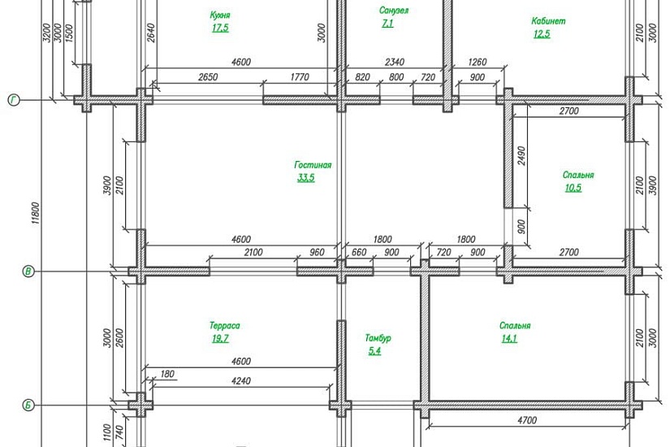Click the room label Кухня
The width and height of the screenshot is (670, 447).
tap(220, 15)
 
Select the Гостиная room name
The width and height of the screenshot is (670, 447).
tap(313, 165)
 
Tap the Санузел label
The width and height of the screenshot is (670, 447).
tap(394, 11)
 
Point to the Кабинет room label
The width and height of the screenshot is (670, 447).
tap(548, 21)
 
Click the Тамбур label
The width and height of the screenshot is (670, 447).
tap(378, 338)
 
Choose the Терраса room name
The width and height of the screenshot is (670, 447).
tap(225, 326)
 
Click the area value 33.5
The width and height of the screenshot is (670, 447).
tap(306, 177)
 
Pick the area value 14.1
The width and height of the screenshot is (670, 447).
tap(509, 338)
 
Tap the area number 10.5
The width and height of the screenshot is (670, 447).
tap(573, 188)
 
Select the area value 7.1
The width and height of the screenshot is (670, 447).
tap(387, 24)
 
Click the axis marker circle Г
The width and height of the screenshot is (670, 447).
tap(14, 101)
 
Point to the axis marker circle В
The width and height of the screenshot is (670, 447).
tap(28, 271)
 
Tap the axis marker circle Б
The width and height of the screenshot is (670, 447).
tap(28, 405)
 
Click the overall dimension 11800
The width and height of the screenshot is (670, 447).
tap(36, 213)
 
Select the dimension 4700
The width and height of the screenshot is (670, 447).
tap(527, 420)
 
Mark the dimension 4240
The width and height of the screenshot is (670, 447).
tap(241, 381)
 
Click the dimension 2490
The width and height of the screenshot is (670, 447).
tap(521, 157)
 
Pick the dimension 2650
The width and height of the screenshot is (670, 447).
tap(208, 77)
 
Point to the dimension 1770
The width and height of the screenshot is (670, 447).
tap(300, 77)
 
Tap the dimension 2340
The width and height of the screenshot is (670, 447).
tap(395, 62)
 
